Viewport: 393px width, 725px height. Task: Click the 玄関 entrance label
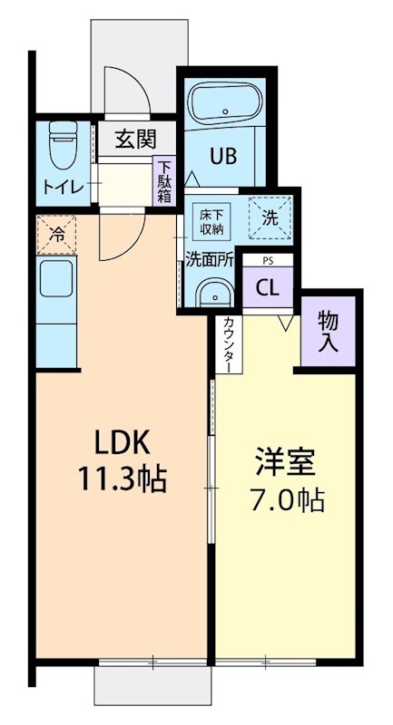click(135, 140)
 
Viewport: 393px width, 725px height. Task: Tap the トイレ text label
click(60, 188)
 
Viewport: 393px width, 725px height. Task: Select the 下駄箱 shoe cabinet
click(164, 182)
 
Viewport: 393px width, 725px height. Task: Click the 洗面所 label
click(210, 257)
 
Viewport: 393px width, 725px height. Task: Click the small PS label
click(266, 261)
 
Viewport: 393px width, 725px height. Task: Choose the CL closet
click(266, 288)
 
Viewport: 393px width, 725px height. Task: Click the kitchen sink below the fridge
click(55, 283)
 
